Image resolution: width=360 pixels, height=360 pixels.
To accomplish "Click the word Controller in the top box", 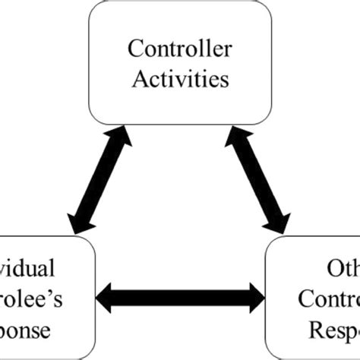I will coord(179,50).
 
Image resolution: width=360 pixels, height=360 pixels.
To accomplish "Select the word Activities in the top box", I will coord(179,77).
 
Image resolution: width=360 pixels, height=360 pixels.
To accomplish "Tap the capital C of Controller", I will coord(134,50).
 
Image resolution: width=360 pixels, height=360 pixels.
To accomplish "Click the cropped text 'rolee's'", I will coord(29,301).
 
